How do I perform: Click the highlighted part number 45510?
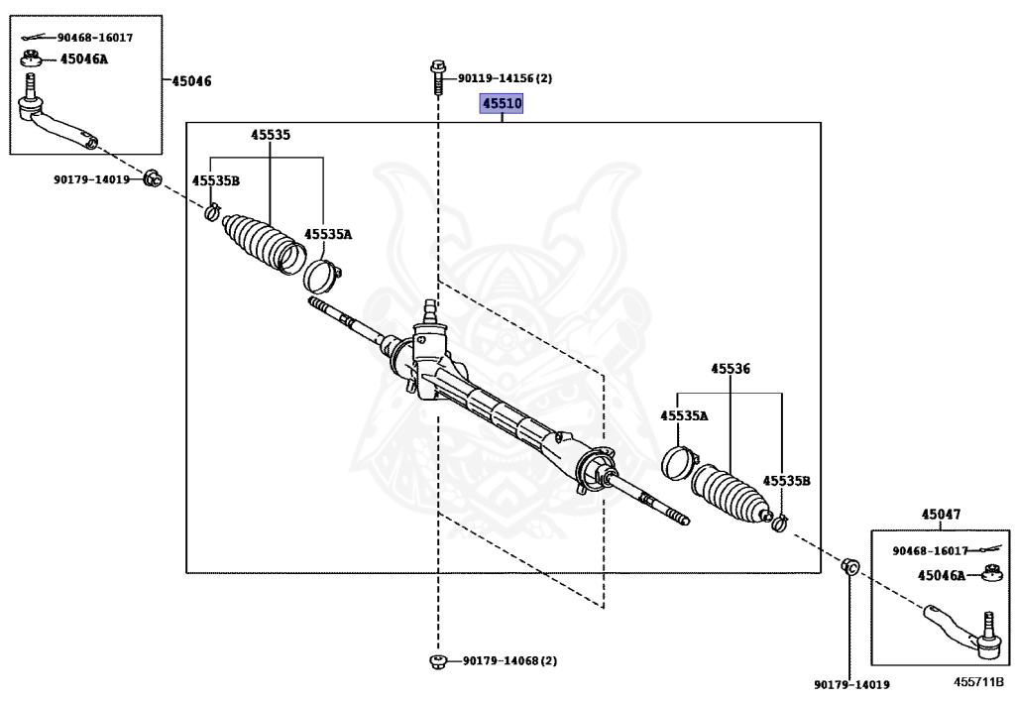pos(502,103)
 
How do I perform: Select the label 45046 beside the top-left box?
pos(191,80)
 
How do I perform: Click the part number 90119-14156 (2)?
pos(505,77)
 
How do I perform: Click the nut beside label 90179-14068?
pos(437,660)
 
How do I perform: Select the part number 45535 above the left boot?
pos(270,134)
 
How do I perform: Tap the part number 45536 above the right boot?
pos(730,369)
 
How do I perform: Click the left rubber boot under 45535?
pos(260,241)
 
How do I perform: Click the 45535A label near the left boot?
pos(328,235)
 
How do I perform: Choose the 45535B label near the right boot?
pos(787,480)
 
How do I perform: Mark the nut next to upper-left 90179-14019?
pos(153,179)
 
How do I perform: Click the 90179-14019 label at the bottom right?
pos(851,684)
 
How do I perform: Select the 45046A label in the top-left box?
pos(84,58)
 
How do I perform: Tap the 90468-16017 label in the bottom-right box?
pos(932,550)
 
